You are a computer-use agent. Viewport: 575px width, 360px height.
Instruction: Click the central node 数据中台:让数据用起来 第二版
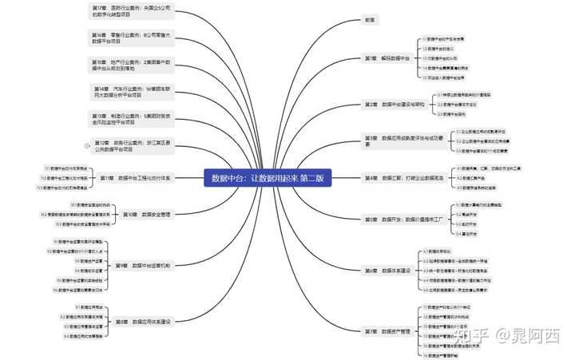coord(268,178)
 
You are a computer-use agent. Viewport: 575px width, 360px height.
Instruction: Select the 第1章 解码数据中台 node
coord(387,58)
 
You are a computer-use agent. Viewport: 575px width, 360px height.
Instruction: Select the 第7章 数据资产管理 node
coord(387,330)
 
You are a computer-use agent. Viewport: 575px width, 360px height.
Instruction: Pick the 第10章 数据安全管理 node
coord(147,214)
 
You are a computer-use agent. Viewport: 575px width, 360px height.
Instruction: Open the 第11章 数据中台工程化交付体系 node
coord(143,178)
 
